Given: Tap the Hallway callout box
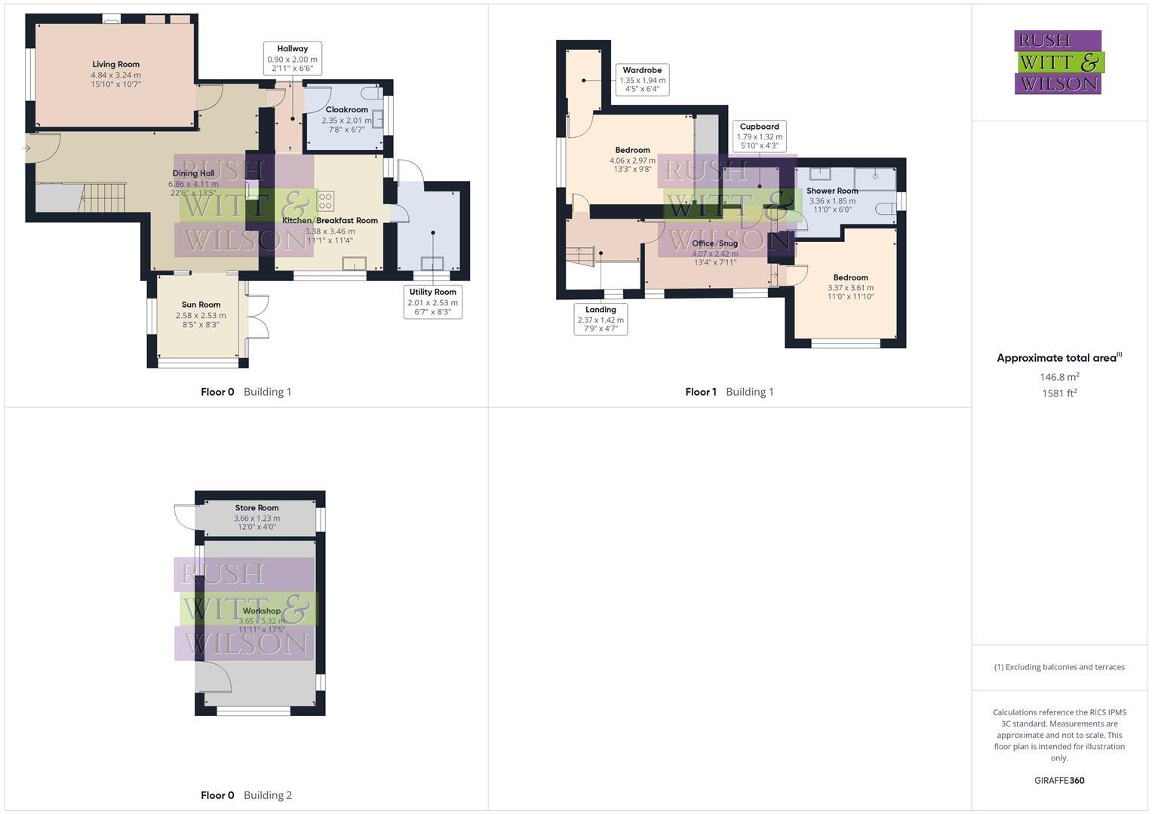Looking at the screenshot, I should (x=293, y=59).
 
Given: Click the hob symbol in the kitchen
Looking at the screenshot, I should (x=326, y=201).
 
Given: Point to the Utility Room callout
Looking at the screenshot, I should (x=432, y=301).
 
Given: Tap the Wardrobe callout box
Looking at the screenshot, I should (x=642, y=80).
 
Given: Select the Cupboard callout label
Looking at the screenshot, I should (x=759, y=136).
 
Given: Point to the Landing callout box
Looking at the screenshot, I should (x=601, y=320).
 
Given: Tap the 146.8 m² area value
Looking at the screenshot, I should (x=1059, y=377).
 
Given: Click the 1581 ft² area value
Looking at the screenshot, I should (x=1059, y=393).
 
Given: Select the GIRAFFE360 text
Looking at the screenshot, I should (x=1059, y=781).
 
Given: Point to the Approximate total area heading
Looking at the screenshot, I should (x=1059, y=358).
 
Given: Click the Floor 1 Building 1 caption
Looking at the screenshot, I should (x=729, y=392).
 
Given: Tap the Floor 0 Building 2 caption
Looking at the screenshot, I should (x=246, y=795).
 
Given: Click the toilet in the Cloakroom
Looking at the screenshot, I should (x=371, y=93).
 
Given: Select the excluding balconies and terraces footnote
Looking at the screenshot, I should (x=1059, y=667).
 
